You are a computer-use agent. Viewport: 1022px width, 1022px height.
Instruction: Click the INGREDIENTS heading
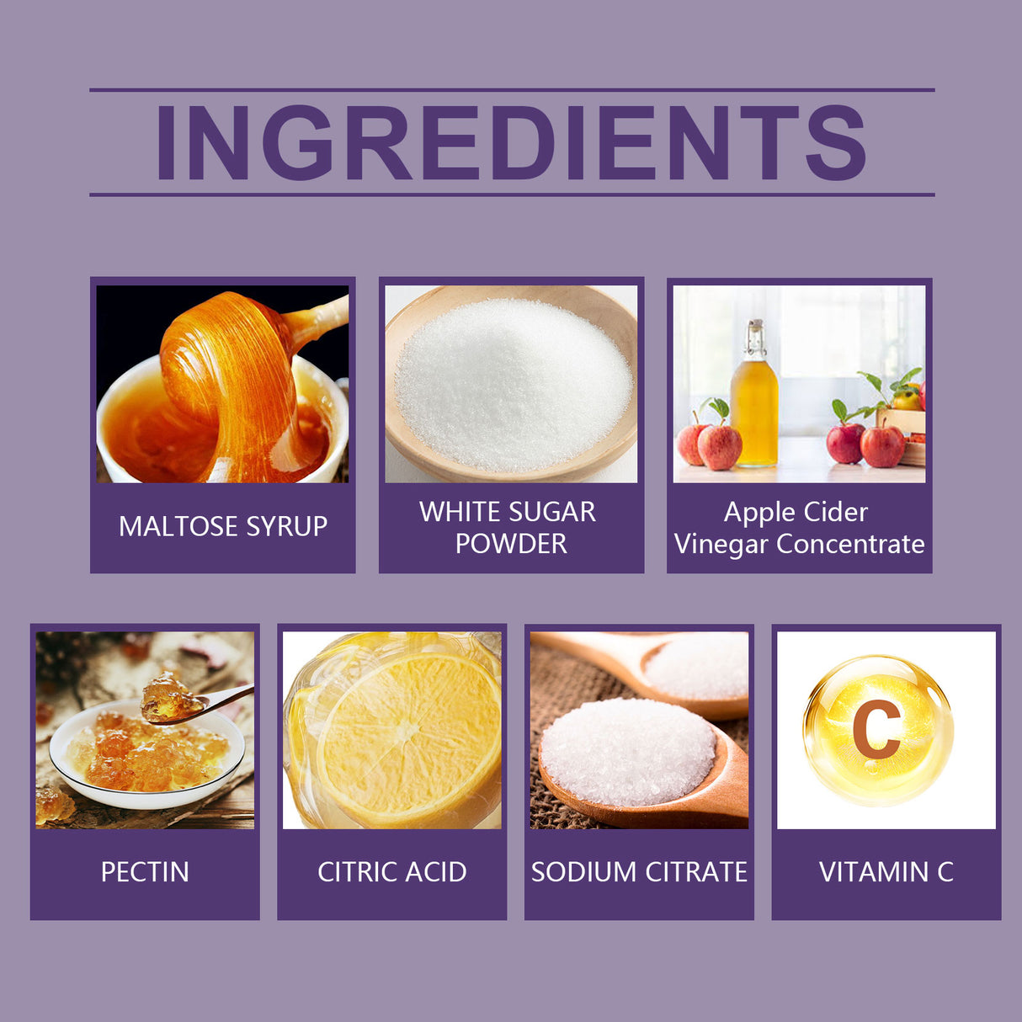[x=511, y=143]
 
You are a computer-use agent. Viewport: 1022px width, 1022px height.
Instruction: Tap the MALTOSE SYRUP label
[x=223, y=526]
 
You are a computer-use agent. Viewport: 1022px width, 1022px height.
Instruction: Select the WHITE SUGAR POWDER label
[x=509, y=528]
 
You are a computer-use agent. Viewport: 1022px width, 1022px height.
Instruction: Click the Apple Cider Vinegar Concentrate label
[x=799, y=528]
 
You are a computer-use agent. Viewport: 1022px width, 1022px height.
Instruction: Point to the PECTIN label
[x=145, y=872]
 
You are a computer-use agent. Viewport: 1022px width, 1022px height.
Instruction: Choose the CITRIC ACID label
[x=392, y=872]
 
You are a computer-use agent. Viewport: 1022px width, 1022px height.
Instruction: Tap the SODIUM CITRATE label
[x=639, y=872]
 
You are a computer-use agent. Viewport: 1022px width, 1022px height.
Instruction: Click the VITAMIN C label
[x=886, y=872]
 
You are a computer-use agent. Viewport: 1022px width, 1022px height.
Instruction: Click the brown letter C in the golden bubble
[x=876, y=729]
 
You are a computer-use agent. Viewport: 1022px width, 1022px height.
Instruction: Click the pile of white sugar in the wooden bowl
[x=513, y=383]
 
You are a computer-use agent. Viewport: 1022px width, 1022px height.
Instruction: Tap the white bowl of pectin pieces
[x=147, y=762]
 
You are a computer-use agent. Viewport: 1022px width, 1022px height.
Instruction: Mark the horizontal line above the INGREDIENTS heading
[x=511, y=89]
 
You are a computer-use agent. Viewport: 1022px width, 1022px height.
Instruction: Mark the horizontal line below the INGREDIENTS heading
[x=511, y=194]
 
